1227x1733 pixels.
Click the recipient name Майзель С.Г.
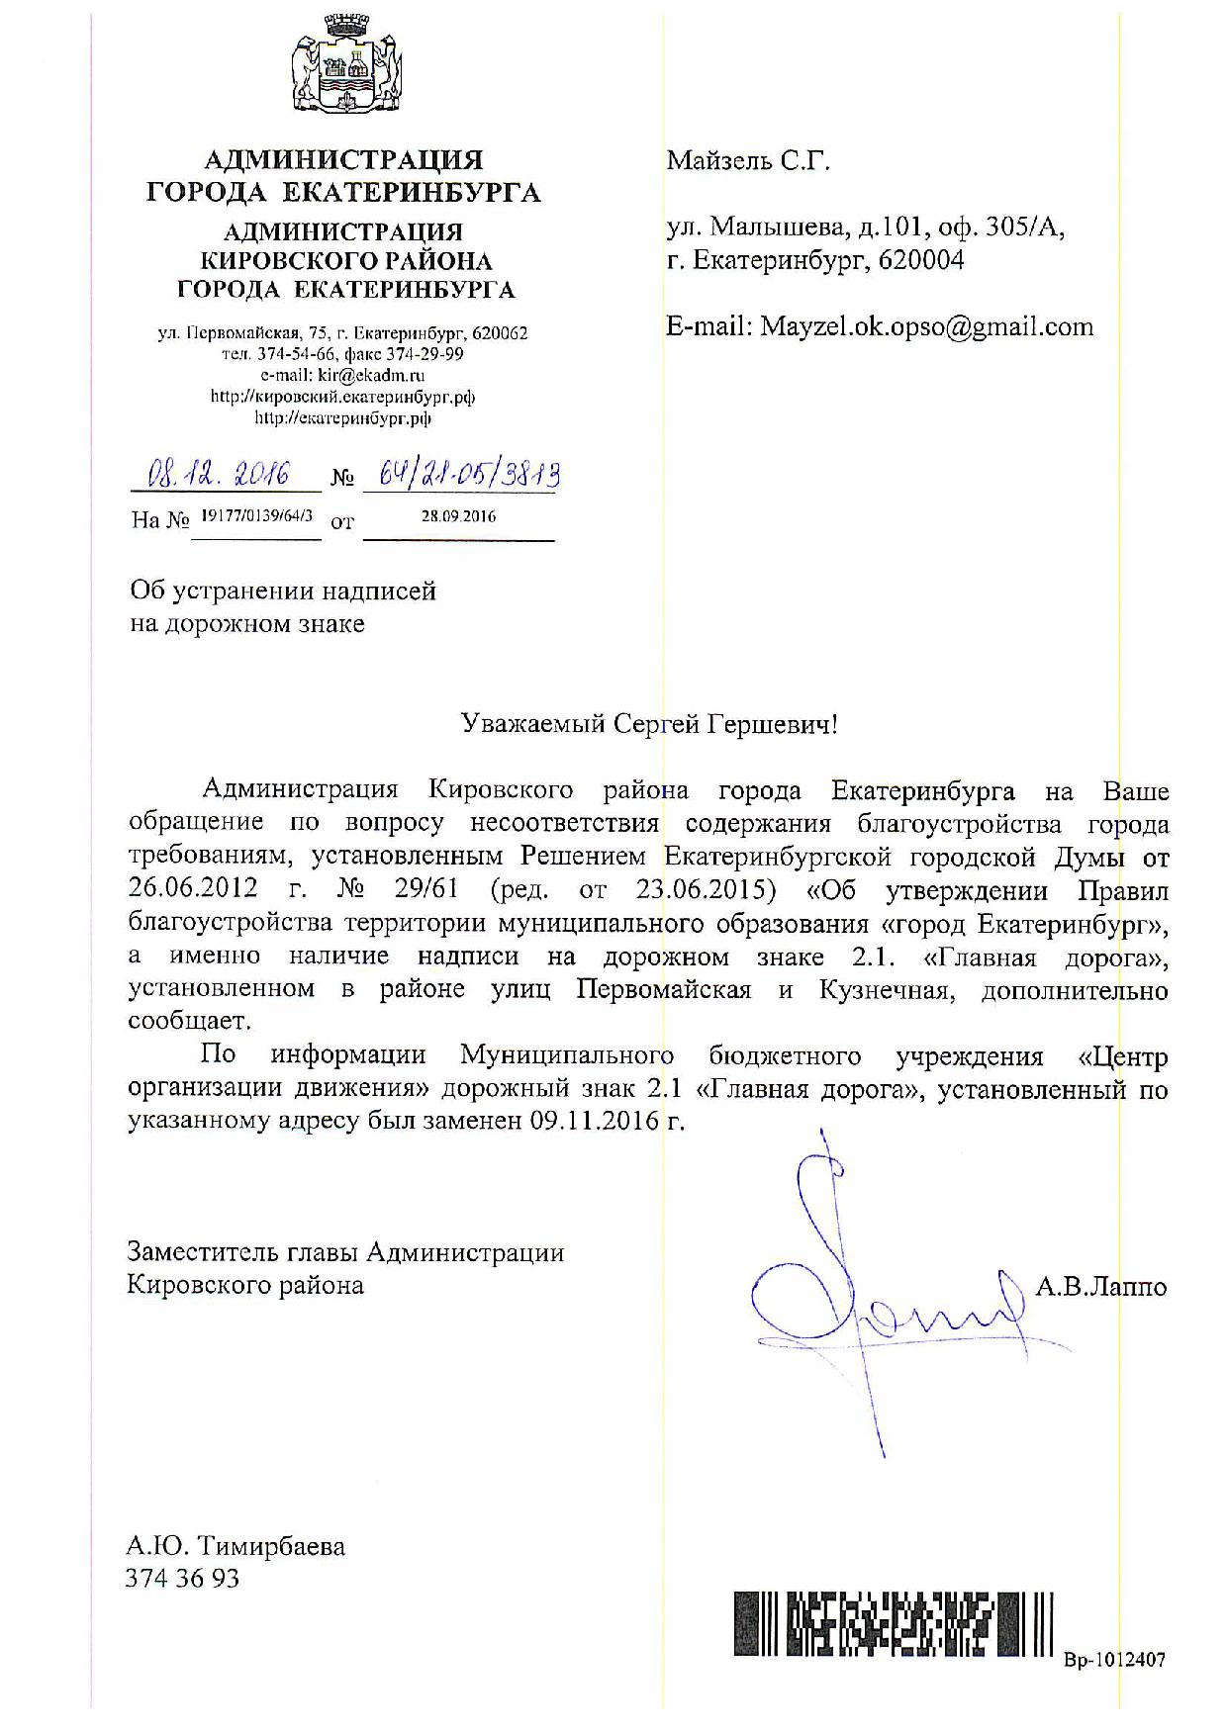tap(748, 161)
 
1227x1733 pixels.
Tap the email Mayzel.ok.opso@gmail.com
tap(926, 327)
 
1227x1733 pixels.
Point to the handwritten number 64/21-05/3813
tap(461, 476)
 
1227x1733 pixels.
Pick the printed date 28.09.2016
tap(458, 516)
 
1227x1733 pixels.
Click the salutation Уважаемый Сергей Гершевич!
tap(650, 725)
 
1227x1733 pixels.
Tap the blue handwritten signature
tap(871, 1296)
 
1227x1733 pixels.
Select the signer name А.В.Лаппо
tap(1100, 1288)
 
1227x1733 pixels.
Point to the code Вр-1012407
tap(1114, 1661)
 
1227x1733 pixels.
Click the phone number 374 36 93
tap(183, 1579)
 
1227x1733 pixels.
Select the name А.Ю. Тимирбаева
tap(236, 1546)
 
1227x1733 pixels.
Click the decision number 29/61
tap(425, 889)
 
